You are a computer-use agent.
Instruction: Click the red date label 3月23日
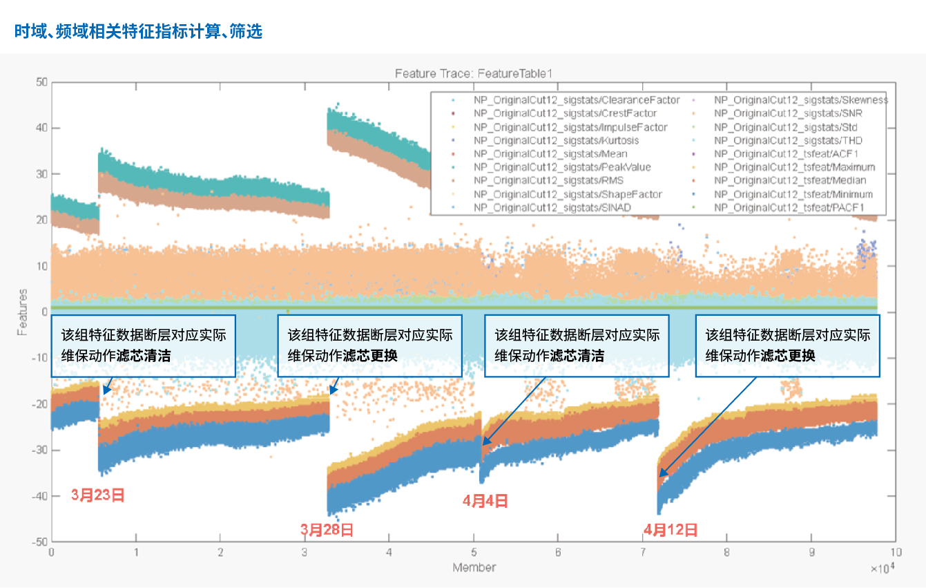coord(98,495)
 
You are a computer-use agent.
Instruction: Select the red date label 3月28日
coord(327,530)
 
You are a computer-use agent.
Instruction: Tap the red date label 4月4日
coord(485,501)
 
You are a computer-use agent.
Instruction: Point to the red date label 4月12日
coord(671,530)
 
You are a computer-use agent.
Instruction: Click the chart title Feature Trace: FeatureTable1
coord(474,73)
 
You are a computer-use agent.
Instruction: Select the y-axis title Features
coord(23,312)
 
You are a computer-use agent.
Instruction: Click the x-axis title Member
coord(474,567)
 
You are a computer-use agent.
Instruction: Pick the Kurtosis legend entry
coord(556,140)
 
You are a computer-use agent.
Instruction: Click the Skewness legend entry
coord(801,100)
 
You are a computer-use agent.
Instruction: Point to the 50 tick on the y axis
coord(41,82)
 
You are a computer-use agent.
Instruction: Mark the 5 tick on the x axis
coord(474,553)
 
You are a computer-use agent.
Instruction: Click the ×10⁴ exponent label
coord(883,569)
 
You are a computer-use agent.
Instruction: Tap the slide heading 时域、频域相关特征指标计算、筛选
coord(138,32)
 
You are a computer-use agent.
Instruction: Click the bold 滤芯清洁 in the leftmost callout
coord(144,356)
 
